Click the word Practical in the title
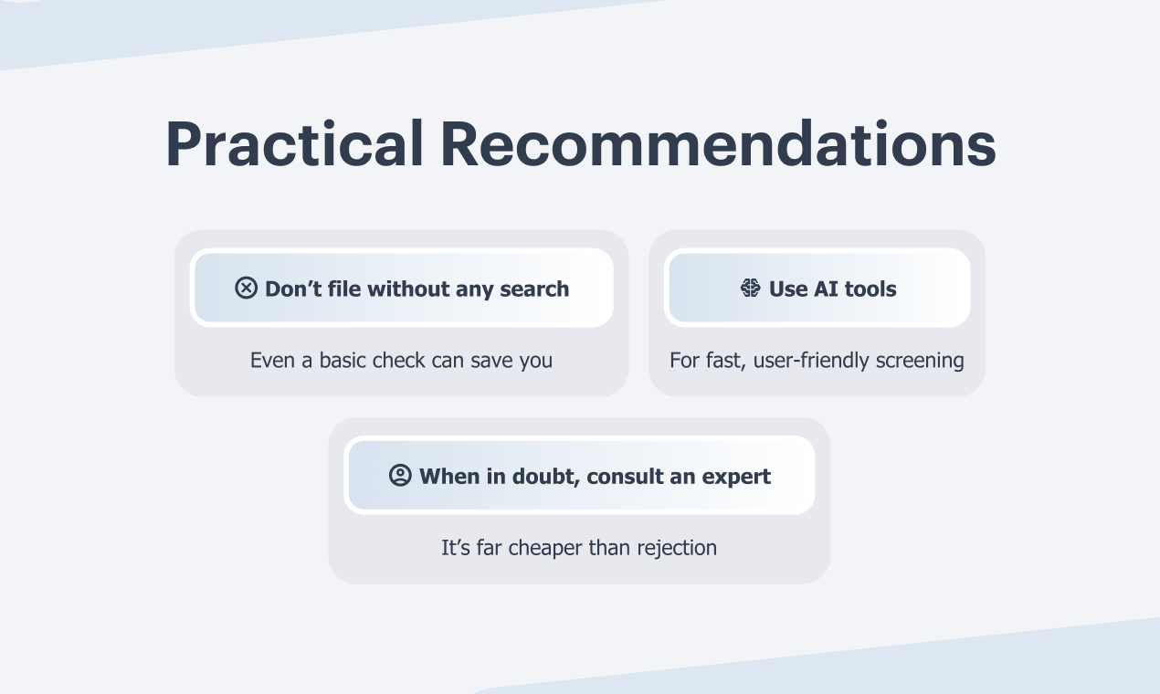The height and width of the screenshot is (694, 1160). click(295, 143)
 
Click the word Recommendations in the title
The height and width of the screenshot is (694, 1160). click(718, 143)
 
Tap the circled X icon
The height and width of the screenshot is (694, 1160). click(246, 288)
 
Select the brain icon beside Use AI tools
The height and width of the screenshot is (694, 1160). click(751, 288)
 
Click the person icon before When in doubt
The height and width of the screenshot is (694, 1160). click(400, 475)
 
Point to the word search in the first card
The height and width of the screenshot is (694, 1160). click(534, 289)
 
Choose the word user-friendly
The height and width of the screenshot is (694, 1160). click(811, 361)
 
